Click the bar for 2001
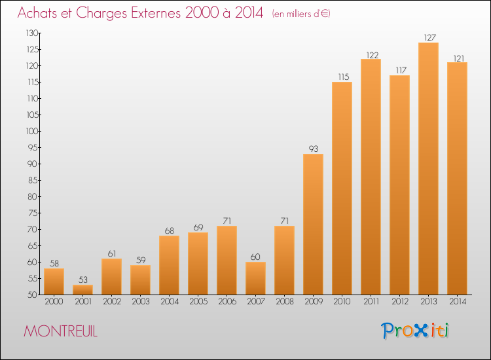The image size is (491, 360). (x=82, y=289)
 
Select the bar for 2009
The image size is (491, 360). (x=313, y=224)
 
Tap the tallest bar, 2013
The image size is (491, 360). (x=428, y=168)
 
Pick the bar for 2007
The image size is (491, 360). (x=255, y=278)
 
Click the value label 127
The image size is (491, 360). (x=430, y=37)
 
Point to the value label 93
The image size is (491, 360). (x=314, y=149)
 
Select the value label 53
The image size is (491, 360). (x=83, y=279)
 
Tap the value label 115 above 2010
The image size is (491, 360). (x=344, y=77)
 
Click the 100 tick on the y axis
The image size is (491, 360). (x=32, y=131)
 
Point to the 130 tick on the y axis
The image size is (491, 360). (x=32, y=33)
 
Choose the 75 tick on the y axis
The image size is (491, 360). (x=33, y=213)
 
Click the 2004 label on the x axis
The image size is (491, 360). (x=170, y=302)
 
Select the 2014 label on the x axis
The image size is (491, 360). (x=458, y=302)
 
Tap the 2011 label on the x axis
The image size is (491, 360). (x=371, y=302)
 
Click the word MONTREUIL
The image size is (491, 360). (x=61, y=331)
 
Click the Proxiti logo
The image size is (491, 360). (x=415, y=331)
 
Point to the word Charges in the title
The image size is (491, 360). (x=101, y=13)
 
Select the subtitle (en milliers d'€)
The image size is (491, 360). (x=301, y=14)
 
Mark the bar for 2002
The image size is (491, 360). (x=111, y=277)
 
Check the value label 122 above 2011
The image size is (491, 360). (x=373, y=55)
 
